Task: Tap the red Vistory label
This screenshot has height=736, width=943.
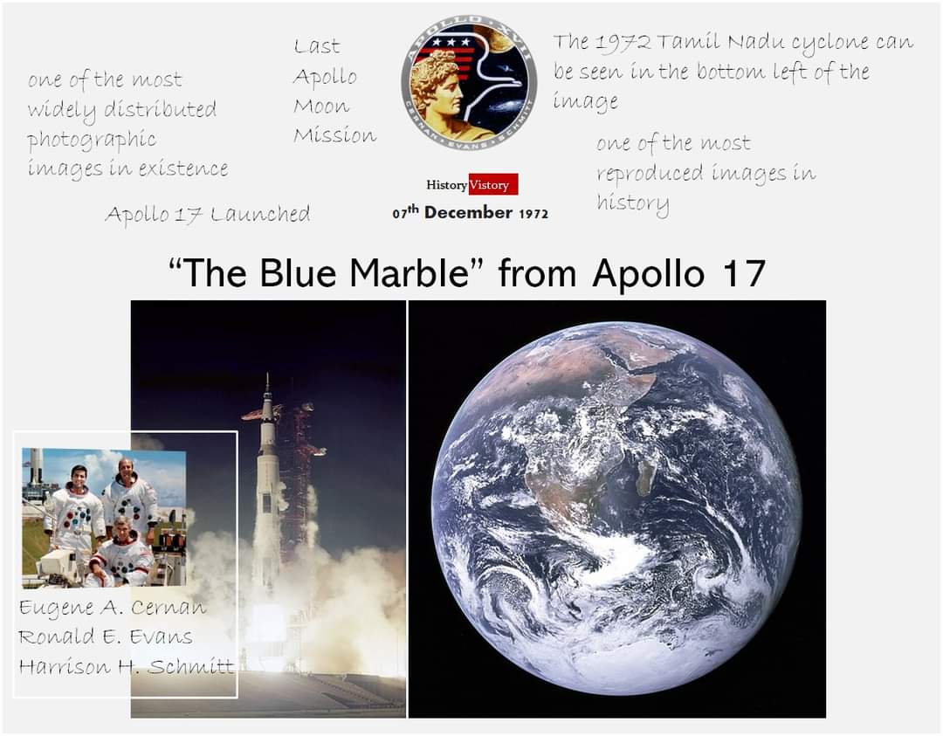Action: click(492, 185)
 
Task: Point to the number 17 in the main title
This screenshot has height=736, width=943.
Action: click(743, 273)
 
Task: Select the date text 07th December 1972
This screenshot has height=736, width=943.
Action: click(470, 212)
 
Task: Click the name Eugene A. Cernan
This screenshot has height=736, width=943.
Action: click(113, 608)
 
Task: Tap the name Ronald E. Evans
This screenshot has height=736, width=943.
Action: click(106, 636)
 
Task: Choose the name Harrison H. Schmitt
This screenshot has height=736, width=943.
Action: click(127, 666)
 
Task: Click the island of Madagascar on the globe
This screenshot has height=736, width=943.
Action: click(647, 477)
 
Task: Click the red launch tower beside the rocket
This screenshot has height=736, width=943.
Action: click(299, 471)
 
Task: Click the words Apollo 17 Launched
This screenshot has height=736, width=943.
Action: click(207, 214)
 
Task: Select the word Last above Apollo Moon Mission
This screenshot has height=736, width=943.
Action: click(317, 46)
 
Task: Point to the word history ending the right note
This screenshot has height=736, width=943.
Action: click(633, 203)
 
